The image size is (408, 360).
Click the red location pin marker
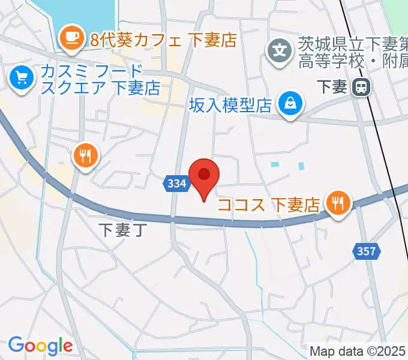point(204,176)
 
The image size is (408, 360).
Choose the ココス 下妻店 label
point(268,205)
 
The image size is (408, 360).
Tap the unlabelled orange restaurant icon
point(85,155)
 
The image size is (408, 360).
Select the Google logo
point(40,346)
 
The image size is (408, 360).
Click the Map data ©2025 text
point(358,351)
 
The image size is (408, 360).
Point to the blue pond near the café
point(78,15)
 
